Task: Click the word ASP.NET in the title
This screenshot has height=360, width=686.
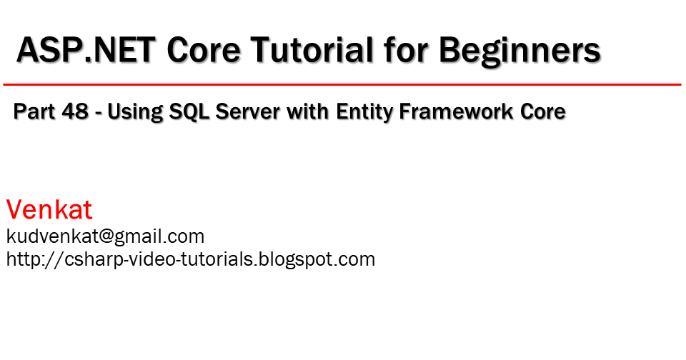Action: [86, 49]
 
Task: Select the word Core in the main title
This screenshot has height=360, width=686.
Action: [204, 49]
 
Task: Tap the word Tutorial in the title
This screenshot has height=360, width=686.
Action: [312, 49]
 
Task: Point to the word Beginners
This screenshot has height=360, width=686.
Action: [520, 51]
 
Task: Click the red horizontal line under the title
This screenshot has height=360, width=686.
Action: [342, 84]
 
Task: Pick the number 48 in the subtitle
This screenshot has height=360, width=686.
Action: [75, 111]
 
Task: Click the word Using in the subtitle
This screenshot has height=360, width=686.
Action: [134, 113]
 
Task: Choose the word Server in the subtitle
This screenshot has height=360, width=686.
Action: [248, 111]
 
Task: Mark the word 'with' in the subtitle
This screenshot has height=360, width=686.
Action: [308, 111]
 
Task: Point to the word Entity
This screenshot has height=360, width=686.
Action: [365, 113]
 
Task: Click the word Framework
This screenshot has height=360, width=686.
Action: [457, 111]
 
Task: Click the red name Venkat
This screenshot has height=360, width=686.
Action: [49, 209]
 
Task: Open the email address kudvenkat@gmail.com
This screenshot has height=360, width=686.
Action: [106, 237]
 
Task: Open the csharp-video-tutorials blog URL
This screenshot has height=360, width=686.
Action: [191, 259]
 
